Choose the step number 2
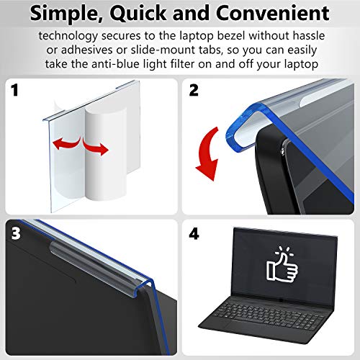point(192,90)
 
